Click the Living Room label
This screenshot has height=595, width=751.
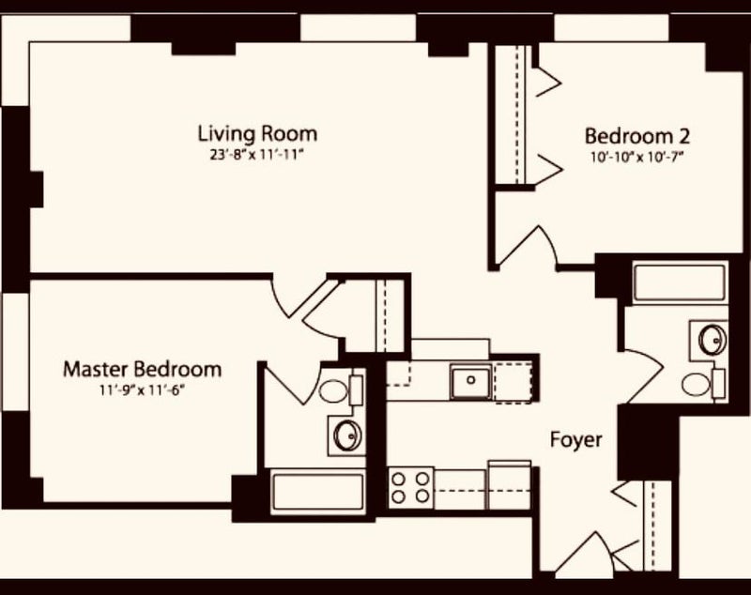coord(257,133)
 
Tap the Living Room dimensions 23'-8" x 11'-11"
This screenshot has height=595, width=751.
coord(257,155)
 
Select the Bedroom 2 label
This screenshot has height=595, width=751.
coord(637,136)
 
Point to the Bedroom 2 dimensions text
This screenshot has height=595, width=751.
coord(636,158)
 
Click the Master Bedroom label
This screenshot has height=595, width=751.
coord(143,370)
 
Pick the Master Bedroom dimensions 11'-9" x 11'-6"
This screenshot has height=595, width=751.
coord(143,390)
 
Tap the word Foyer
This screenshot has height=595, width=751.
coord(575,440)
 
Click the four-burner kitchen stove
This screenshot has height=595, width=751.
coord(410,487)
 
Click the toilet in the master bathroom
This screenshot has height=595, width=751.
coord(340,391)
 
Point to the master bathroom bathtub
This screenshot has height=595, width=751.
coord(318,492)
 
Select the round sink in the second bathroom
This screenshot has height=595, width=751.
coord(713,340)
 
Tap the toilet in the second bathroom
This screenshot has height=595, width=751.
coord(702,384)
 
